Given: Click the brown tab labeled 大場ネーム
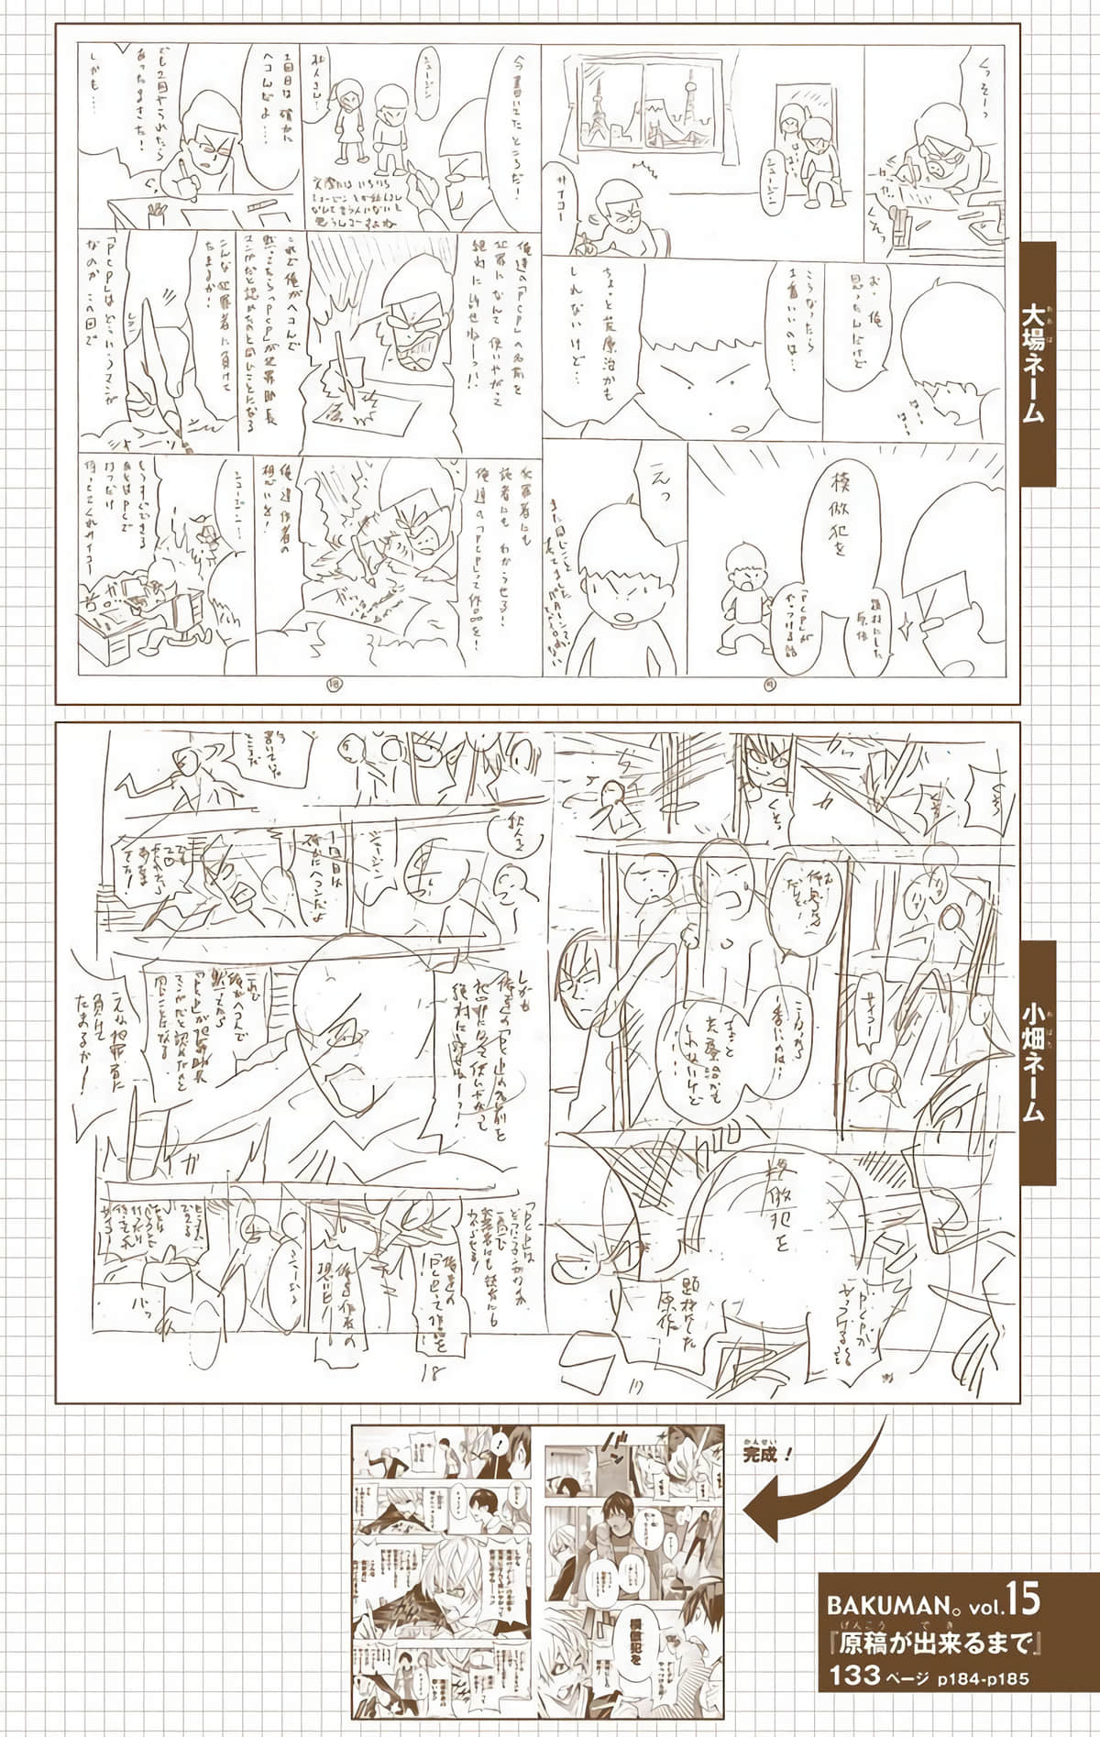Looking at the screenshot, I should pyautogui.click(x=1033, y=364).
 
